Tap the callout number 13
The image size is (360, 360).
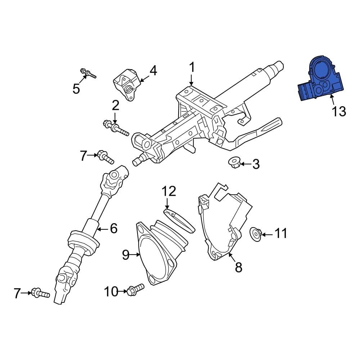click(339, 111)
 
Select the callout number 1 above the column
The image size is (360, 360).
click(192, 67)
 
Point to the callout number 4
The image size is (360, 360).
click(153, 71)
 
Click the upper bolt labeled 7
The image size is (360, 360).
click(105, 157)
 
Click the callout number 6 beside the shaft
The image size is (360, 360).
click(113, 228)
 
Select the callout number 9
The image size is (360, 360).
click(125, 255)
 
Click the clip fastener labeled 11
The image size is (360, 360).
click(255, 234)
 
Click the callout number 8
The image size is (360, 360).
click(238, 267)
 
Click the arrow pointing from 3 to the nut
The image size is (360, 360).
click(246, 164)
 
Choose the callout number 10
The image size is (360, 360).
click(111, 291)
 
